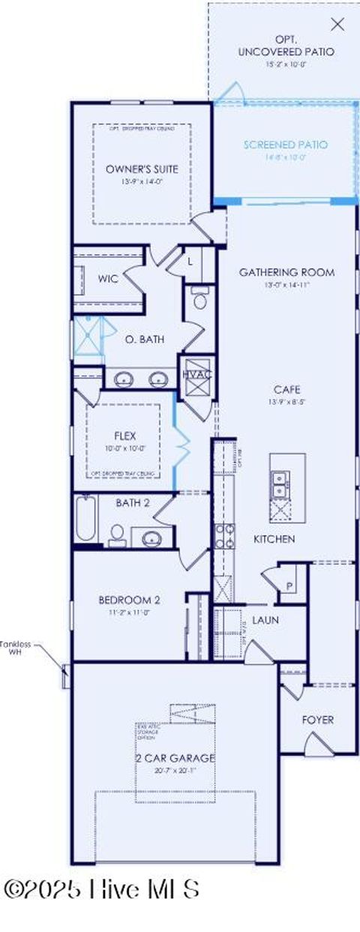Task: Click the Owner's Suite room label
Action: (142, 169)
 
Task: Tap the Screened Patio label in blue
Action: (285, 145)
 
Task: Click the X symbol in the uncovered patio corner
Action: (338, 24)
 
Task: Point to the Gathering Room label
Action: (286, 272)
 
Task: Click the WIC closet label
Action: (109, 279)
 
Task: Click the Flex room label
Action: (124, 436)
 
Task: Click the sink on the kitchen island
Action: (278, 484)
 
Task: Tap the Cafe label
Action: (286, 389)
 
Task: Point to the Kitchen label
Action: (274, 539)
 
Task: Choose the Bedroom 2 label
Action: (129, 600)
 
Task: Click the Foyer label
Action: (318, 720)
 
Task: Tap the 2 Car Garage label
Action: (175, 758)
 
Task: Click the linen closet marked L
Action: (190, 262)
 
